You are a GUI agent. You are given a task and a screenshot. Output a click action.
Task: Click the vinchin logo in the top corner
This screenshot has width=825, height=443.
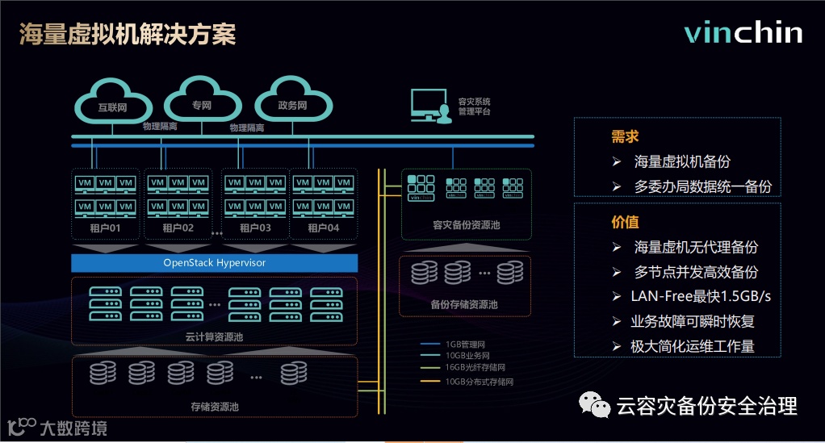pos(743,33)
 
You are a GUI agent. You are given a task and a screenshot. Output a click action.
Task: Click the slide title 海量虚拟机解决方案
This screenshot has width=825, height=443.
pos(128,35)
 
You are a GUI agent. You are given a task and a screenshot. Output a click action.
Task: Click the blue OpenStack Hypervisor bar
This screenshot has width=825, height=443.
pos(215,263)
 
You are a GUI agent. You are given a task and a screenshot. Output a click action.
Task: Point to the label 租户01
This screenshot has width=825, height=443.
pos(106,228)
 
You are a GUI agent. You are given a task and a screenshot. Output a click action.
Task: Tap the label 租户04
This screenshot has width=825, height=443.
pos(324,228)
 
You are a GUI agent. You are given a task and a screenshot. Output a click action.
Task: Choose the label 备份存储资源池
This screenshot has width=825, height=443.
pos(464,305)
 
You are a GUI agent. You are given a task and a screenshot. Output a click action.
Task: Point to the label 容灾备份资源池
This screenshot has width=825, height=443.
pos(466,224)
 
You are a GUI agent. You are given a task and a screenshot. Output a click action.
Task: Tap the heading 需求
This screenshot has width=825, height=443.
pos(626,136)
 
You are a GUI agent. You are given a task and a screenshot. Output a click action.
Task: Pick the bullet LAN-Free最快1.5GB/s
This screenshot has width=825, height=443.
pos(701,296)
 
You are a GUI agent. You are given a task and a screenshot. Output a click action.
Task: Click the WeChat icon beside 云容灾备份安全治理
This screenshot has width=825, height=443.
pos(597,405)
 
